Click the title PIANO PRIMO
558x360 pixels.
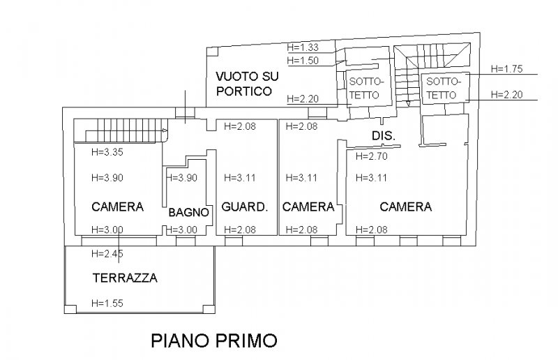pos(213,340)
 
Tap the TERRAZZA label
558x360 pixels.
pos(125,278)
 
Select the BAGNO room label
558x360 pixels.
pos(185,213)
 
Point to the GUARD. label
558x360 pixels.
pos(245,207)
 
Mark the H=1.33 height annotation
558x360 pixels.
pos(303,47)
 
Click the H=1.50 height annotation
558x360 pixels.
pos(303,61)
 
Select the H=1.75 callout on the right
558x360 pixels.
pos(507,69)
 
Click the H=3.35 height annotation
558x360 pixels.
pos(107,152)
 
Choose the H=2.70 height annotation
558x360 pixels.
pos(371,156)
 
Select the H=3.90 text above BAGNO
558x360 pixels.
pos(183,178)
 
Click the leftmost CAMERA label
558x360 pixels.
pos(117,207)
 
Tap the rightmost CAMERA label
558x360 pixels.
pos(405,207)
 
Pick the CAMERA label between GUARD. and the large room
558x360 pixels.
pos(308,207)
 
